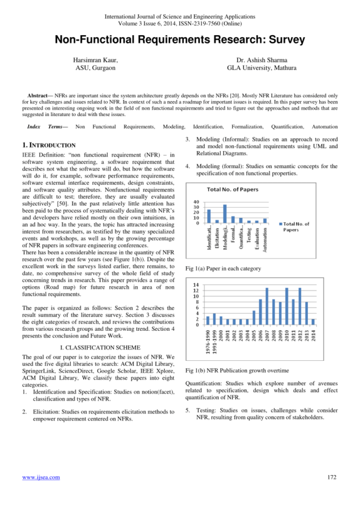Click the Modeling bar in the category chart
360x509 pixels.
click(225, 214)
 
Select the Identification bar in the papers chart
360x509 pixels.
click(209, 216)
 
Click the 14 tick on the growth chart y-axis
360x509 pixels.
click(196, 284)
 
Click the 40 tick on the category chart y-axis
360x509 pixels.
click(196, 202)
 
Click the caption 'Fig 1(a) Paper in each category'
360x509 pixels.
click(223, 269)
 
